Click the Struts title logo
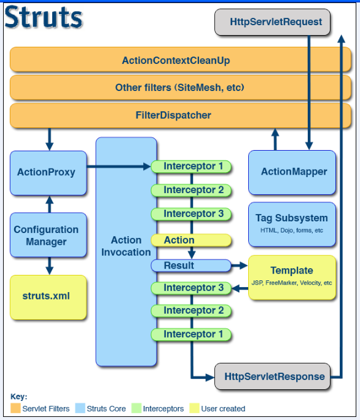point(44,17)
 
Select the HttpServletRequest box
point(272,22)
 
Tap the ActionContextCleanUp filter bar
point(181,60)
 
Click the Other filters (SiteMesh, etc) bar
point(181,87)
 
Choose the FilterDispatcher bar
point(181,116)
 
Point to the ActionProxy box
point(48,173)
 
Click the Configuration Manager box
point(48,235)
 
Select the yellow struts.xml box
point(48,297)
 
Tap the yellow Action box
point(191,240)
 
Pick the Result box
point(191,266)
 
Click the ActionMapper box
point(292,172)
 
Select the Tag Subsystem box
point(292,224)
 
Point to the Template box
point(292,277)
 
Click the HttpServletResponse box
point(272,376)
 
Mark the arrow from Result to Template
point(240,266)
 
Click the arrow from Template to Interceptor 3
point(240,288)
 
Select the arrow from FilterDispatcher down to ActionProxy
point(50,140)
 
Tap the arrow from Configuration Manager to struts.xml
point(50,266)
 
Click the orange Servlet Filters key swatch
point(15,408)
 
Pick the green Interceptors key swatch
point(136,408)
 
